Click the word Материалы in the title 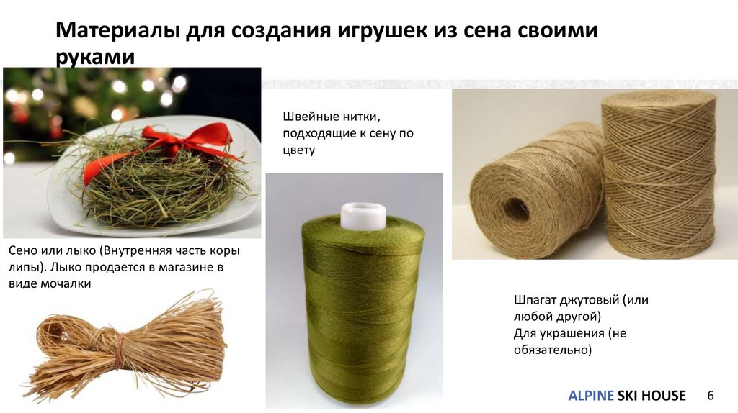point(118,30)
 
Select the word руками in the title point(95,58)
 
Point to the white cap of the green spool point(363,216)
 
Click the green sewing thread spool point(363,305)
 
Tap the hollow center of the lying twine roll point(516,209)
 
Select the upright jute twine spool point(659,174)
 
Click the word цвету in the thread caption point(299,151)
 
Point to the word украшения point(571,334)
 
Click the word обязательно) point(553,350)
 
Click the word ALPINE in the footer point(591,396)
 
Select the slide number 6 point(710,395)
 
